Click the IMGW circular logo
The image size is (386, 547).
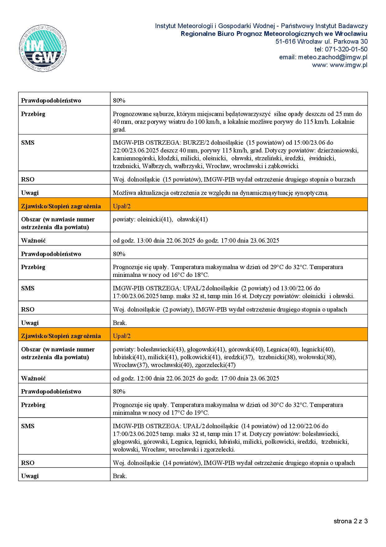click(x=43, y=49)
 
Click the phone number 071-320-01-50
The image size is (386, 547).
click(x=341, y=49)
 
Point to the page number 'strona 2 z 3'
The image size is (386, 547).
click(x=351, y=521)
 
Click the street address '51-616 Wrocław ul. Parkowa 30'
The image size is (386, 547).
click(x=321, y=41)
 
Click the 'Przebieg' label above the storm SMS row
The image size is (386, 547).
click(x=33, y=114)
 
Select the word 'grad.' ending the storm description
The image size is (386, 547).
click(x=119, y=129)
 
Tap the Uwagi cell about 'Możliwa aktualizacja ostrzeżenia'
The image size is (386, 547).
click(x=220, y=193)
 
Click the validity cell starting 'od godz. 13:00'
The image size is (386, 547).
click(x=196, y=240)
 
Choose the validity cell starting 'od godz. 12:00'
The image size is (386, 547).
click(x=196, y=378)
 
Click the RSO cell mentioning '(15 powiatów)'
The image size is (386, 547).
click(x=234, y=179)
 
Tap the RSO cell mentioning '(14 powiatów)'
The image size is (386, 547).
click(x=234, y=463)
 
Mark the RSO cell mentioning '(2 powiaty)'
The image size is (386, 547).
click(x=230, y=309)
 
